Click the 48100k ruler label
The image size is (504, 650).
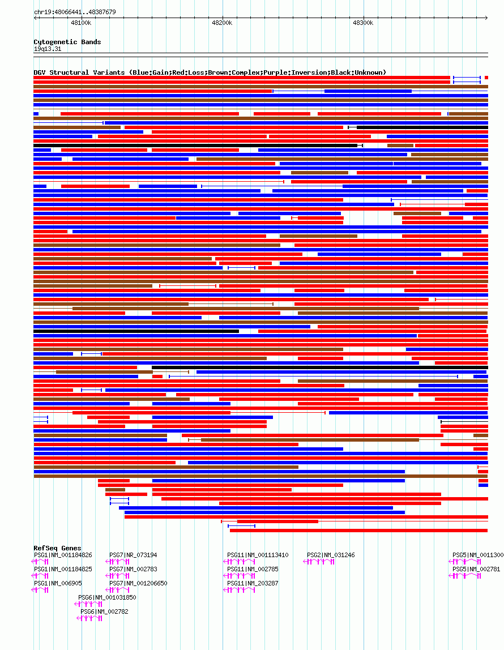tap(81, 23)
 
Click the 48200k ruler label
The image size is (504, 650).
tap(222, 23)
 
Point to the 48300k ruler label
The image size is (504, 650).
tap(363, 23)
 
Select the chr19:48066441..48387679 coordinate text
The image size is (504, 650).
tap(75, 12)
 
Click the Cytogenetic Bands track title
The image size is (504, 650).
tap(67, 42)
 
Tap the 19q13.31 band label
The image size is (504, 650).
tap(48, 49)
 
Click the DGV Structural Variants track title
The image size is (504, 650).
tap(210, 72)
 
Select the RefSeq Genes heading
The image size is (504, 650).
tap(57, 548)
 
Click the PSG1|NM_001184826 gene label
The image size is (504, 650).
tap(63, 555)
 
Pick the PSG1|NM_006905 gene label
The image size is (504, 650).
tap(58, 583)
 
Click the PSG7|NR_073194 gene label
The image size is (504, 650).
tap(133, 555)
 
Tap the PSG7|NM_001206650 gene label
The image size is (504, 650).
tap(138, 583)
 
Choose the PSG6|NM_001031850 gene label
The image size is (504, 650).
tap(107, 597)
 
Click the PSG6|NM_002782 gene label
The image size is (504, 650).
tap(104, 611)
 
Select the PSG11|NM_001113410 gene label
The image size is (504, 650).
tap(258, 555)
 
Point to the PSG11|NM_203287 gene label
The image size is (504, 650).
tap(253, 583)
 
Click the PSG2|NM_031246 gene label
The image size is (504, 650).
tap(331, 555)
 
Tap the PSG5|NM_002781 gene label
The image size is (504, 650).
tap(476, 569)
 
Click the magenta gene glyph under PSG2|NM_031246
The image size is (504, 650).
tap(320, 562)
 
